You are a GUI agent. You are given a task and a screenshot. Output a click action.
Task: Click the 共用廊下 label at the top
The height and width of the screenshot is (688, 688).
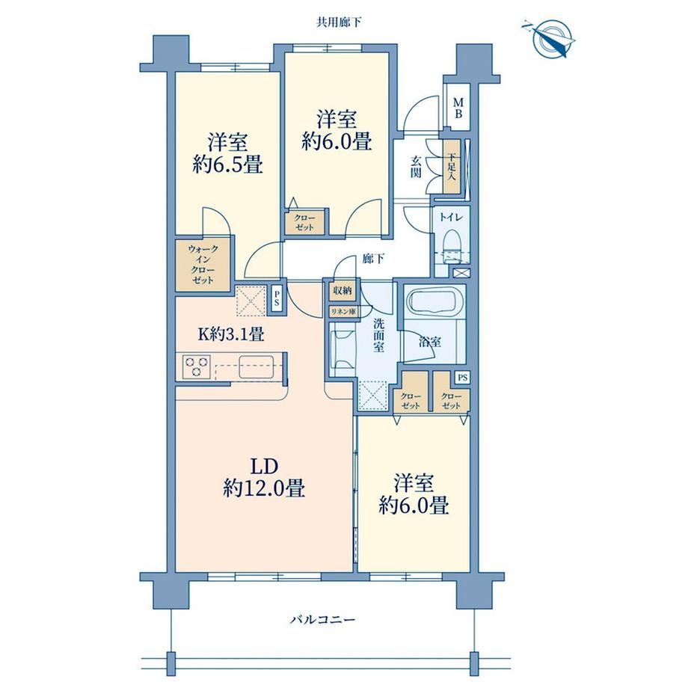tap(340, 22)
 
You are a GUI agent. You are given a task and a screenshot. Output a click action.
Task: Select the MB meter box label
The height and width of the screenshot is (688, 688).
tap(458, 108)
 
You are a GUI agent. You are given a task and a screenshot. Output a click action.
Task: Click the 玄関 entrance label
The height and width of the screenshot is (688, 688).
tap(416, 167)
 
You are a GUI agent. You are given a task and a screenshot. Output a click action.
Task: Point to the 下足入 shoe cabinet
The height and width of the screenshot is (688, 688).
tap(452, 166)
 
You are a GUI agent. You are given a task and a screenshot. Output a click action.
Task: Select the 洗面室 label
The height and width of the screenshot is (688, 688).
tap(380, 336)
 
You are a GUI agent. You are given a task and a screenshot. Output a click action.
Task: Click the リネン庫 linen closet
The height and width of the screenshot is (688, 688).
tap(344, 311)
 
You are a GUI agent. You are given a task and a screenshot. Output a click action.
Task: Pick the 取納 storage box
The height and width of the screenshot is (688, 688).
tap(342, 290)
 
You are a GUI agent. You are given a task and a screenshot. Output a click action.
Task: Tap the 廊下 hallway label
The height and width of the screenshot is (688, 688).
tap(373, 259)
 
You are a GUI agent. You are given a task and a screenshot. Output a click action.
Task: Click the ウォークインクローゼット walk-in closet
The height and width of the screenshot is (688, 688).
tap(203, 265)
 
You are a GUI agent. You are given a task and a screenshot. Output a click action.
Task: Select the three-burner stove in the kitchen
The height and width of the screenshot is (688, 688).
tap(196, 367)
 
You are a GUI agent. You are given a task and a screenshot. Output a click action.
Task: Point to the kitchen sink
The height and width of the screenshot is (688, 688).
tap(257, 367)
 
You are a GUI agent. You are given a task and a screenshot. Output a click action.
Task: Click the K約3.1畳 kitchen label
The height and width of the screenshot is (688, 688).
tap(231, 334)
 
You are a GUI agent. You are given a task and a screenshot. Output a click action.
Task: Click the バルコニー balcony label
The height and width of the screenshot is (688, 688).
tap(322, 619)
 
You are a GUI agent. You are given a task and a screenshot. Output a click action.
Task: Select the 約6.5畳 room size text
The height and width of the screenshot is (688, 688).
tap(228, 165)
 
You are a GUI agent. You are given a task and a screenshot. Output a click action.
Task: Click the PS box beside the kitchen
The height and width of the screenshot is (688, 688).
tap(277, 299)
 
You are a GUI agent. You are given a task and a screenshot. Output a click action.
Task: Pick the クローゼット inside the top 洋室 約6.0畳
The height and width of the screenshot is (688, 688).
tap(304, 222)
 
